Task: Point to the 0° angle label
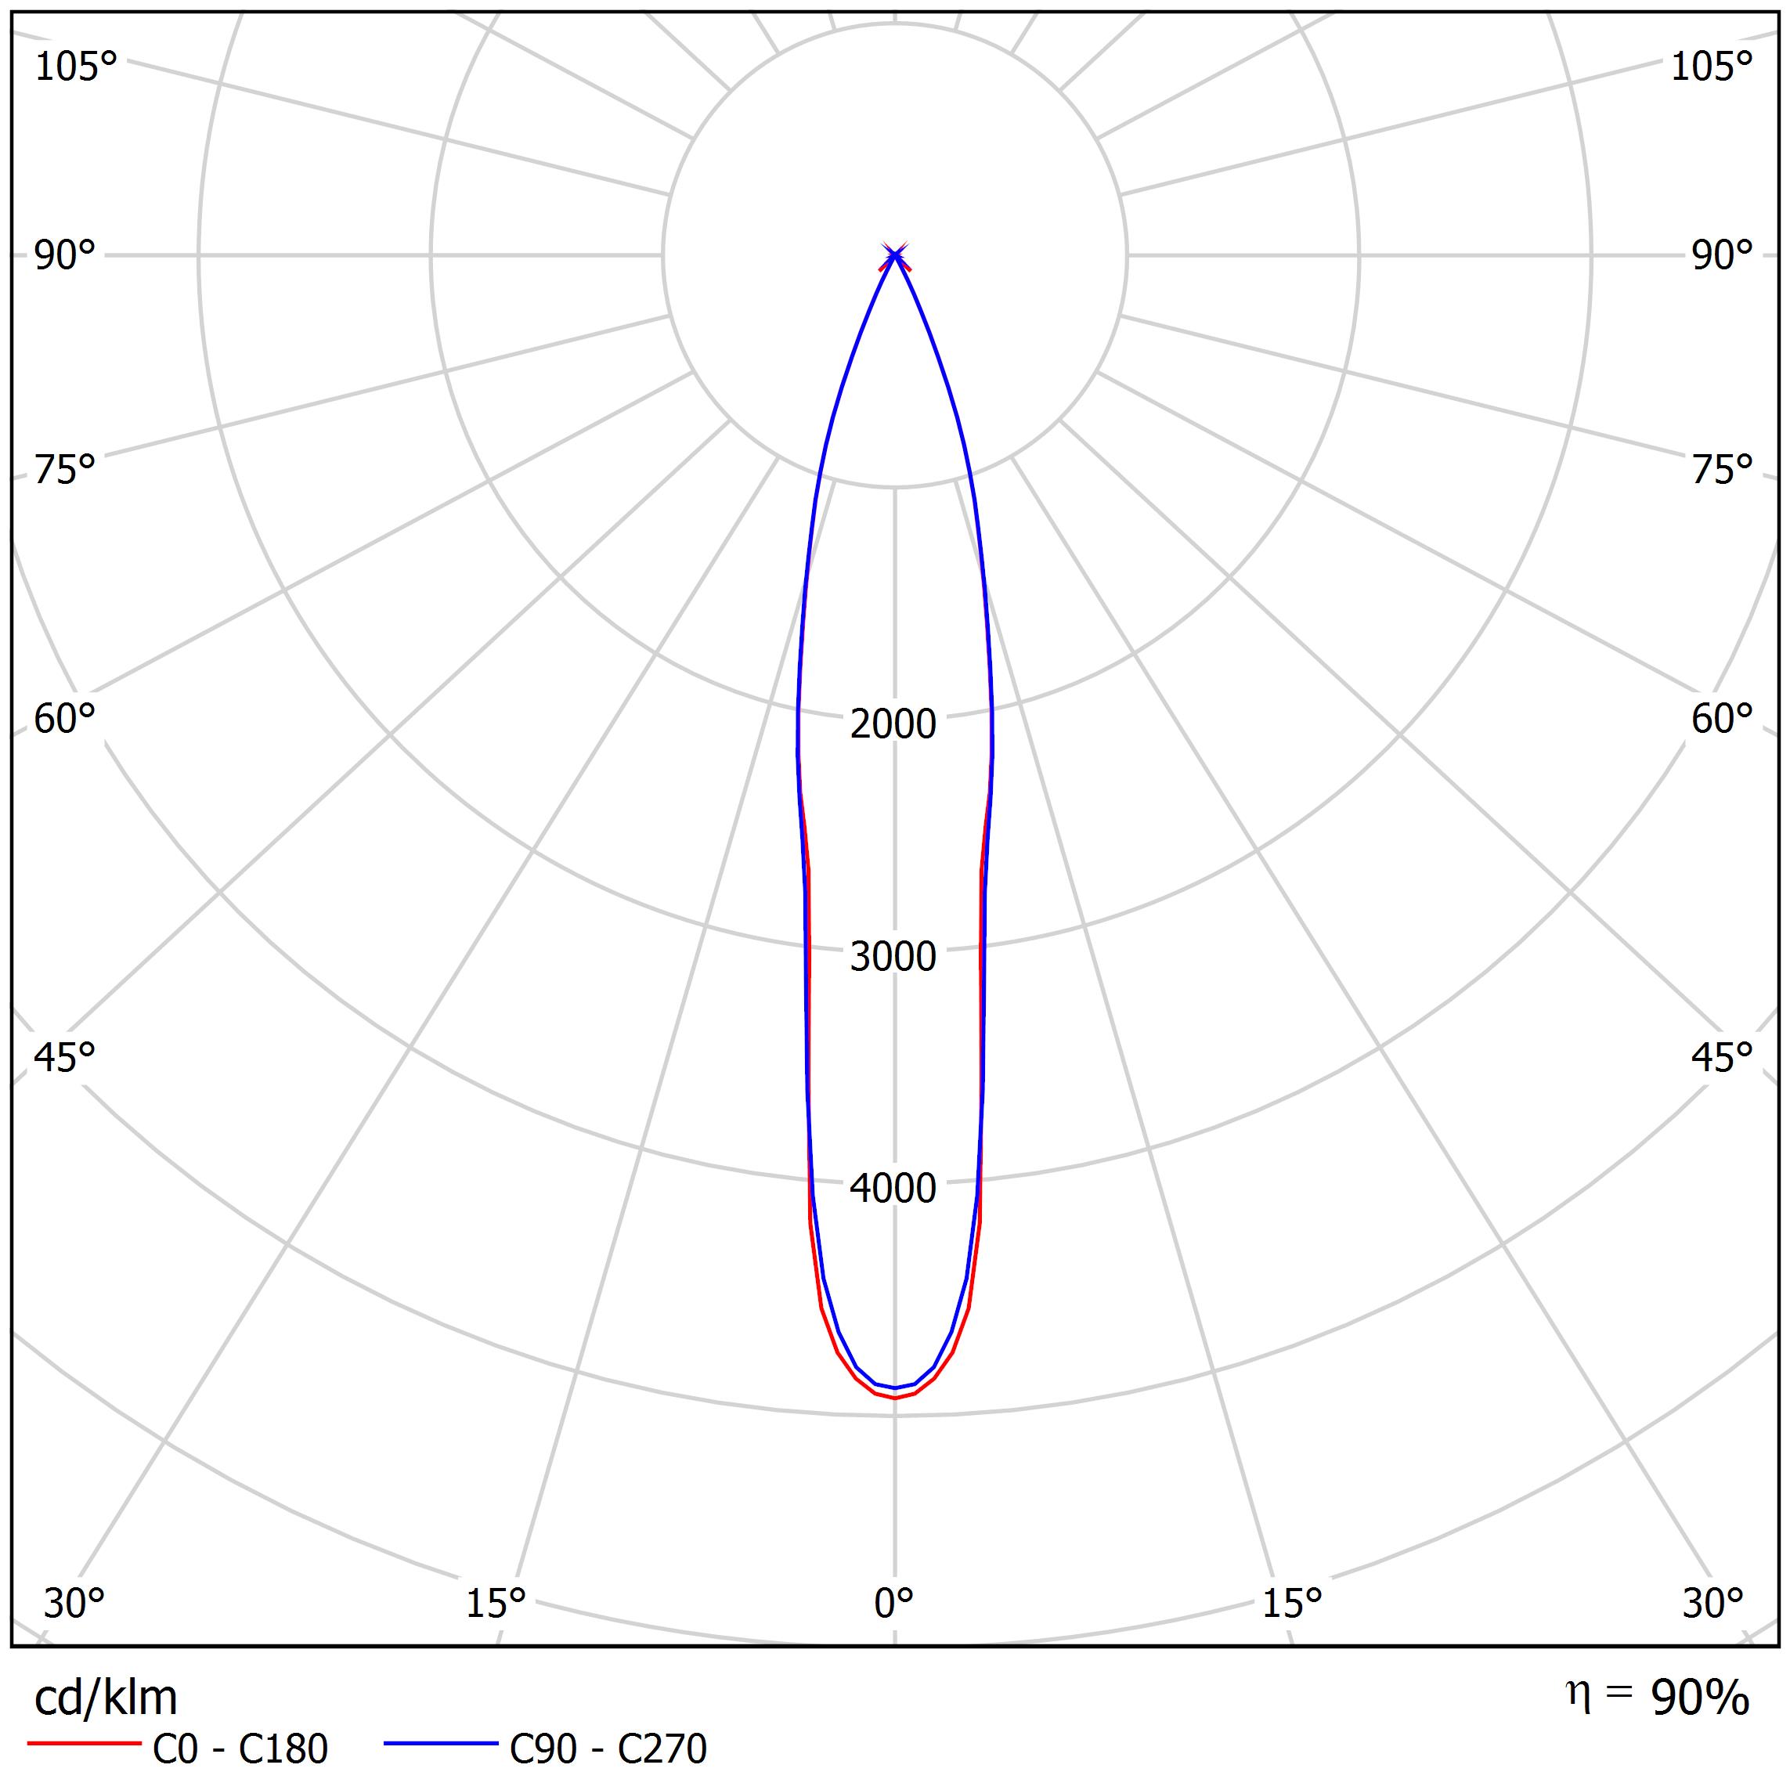pyautogui.click(x=893, y=1603)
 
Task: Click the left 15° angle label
pyautogui.click(x=496, y=1603)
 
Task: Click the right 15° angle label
pyautogui.click(x=1291, y=1603)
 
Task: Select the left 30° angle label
pyautogui.click(x=74, y=1603)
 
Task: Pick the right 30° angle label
pyautogui.click(x=1713, y=1603)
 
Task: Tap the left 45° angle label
pyautogui.click(x=65, y=1057)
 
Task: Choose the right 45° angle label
pyautogui.click(x=1721, y=1057)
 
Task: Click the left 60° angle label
pyautogui.click(x=65, y=719)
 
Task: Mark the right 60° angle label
pyautogui.click(x=1721, y=719)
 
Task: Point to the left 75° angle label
pyautogui.click(x=65, y=470)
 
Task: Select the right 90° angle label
pyautogui.click(x=1721, y=254)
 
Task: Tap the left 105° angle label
pyautogui.click(x=76, y=67)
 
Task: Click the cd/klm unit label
pyautogui.click(x=106, y=1698)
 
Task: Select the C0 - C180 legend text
pyautogui.click(x=240, y=1749)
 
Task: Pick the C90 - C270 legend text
pyautogui.click(x=608, y=1749)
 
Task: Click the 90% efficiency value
pyautogui.click(x=1699, y=1698)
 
